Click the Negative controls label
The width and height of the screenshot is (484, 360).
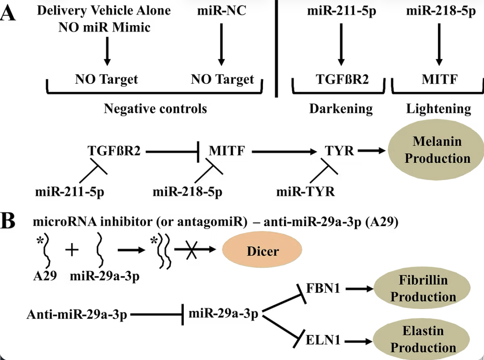(155, 109)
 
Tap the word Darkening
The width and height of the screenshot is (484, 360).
(341, 109)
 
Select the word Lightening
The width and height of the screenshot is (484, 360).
(439, 109)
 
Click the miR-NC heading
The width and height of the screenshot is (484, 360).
(221, 11)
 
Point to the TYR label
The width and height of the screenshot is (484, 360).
(340, 151)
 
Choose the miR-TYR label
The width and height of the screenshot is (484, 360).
(305, 193)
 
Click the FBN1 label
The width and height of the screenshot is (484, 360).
(323, 289)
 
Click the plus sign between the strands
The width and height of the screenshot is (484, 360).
(72, 250)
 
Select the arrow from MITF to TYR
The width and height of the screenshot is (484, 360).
(287, 152)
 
